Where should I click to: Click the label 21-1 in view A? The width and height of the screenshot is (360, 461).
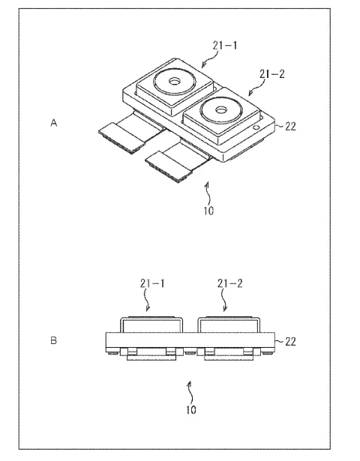225,46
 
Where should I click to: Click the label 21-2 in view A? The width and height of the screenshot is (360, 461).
272,73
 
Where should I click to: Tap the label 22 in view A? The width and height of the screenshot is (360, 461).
290,127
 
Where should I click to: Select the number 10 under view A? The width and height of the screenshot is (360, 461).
208,211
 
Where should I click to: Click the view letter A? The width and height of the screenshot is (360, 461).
53,123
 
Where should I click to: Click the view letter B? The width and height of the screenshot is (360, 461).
53,340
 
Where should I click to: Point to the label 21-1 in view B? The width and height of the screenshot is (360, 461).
152,283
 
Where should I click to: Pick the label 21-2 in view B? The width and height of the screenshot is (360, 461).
230,283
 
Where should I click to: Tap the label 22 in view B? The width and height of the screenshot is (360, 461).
290,342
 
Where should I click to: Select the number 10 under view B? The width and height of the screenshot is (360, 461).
191,409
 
